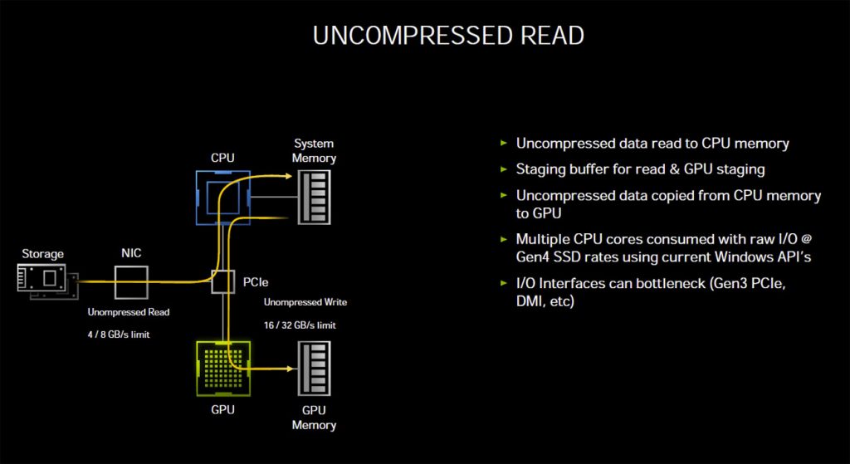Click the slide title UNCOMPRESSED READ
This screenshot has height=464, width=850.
448,35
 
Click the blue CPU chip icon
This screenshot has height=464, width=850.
222,198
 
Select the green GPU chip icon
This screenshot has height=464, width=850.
222,367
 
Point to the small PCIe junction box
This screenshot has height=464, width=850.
223,281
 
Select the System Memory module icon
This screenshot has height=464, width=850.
315,198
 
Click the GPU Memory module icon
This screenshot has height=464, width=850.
315,367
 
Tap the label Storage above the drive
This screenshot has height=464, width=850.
42,253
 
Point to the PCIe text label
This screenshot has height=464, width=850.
255,282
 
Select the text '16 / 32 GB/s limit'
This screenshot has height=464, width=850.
300,325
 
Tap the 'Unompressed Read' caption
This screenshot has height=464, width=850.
129,312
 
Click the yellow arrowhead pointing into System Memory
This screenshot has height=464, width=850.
288,176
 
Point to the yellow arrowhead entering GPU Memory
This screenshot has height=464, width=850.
288,369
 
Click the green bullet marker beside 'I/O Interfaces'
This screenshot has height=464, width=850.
503,284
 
